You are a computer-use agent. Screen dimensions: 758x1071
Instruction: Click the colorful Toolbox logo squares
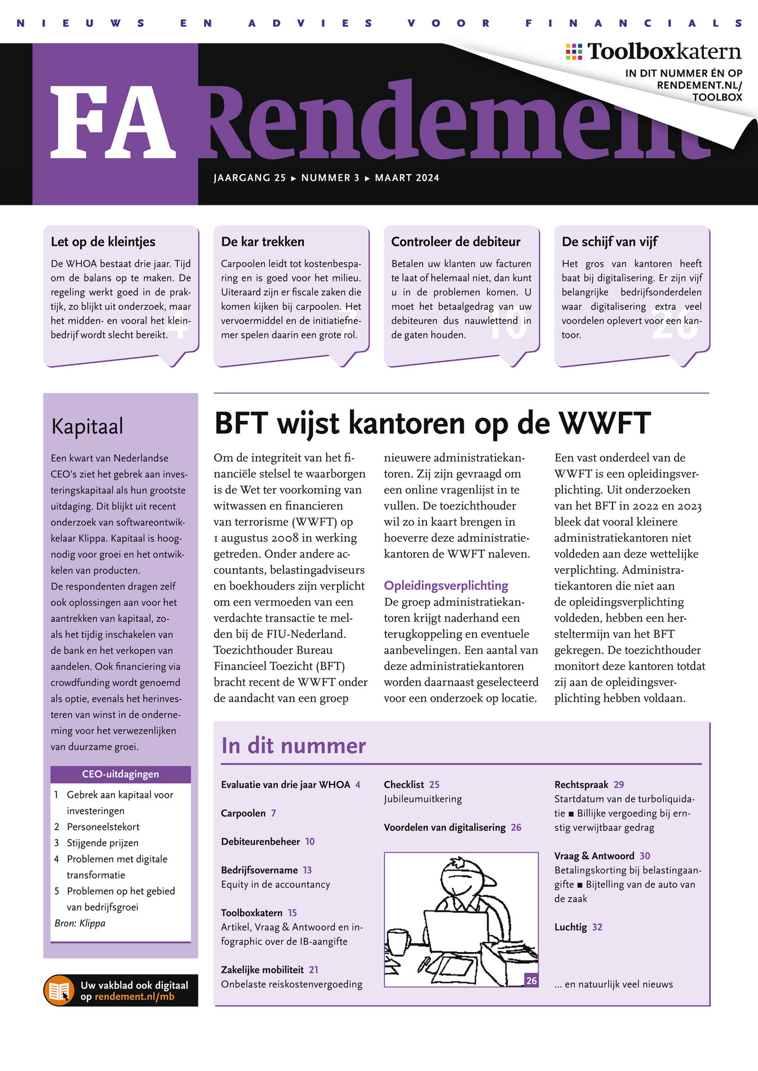[x=574, y=52]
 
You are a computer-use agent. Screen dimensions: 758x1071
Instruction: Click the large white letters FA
[x=113, y=122]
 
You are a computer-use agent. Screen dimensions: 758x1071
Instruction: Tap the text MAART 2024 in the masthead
[x=407, y=178]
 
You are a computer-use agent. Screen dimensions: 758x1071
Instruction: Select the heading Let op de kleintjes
[x=103, y=242]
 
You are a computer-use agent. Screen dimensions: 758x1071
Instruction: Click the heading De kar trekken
[x=263, y=242]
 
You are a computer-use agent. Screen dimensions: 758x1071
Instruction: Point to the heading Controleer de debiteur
[x=455, y=242]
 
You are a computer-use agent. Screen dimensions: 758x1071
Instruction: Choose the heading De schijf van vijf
[x=609, y=242]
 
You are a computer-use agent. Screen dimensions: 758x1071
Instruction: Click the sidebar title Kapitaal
[x=87, y=426]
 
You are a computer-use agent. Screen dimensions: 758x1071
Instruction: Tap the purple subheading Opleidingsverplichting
[x=446, y=586]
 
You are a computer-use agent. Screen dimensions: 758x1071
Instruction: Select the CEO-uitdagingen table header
[x=121, y=774]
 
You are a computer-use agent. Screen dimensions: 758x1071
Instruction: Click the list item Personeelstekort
[x=103, y=827]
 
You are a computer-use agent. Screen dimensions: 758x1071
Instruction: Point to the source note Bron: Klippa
[x=80, y=923]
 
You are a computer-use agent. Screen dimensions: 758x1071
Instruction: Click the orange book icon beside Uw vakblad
[x=59, y=990]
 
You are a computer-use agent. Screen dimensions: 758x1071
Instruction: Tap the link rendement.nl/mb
[x=134, y=997]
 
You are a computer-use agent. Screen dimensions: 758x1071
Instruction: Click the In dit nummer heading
[x=294, y=746]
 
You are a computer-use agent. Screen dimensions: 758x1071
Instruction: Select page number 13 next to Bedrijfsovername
[x=307, y=870]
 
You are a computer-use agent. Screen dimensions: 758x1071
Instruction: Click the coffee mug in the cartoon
[x=398, y=942]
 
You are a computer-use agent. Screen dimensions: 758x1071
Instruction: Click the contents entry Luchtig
[x=570, y=927]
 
